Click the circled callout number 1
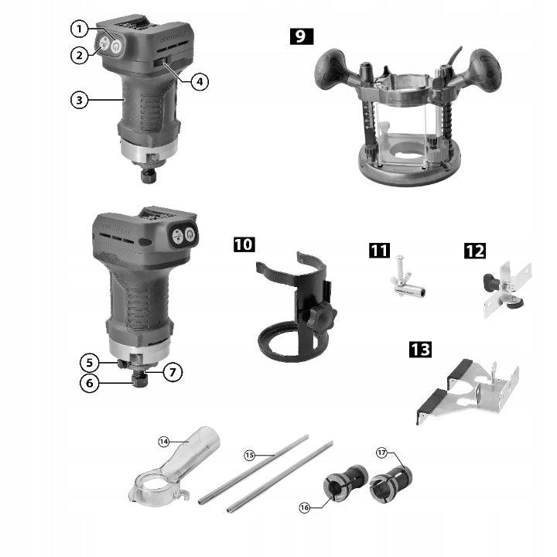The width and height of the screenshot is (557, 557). pyautogui.click(x=79, y=29)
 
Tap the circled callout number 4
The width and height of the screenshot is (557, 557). pyautogui.click(x=200, y=82)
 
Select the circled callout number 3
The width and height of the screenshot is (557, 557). pyautogui.click(x=79, y=100)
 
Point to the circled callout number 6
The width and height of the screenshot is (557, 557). pyautogui.click(x=89, y=383)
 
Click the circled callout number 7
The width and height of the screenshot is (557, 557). pyautogui.click(x=173, y=372)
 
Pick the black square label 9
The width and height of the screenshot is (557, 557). pyautogui.click(x=302, y=36)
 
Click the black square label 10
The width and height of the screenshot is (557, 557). pyautogui.click(x=244, y=244)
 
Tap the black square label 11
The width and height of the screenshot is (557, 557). pyautogui.click(x=379, y=251)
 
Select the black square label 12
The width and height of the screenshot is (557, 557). pyautogui.click(x=475, y=251)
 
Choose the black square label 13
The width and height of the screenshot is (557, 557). pyautogui.click(x=420, y=349)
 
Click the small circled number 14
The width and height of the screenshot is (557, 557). pyautogui.click(x=163, y=442)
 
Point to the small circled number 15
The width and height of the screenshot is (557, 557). pyautogui.click(x=249, y=455)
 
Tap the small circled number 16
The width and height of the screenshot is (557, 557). pyautogui.click(x=305, y=507)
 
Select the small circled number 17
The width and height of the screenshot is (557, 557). pyautogui.click(x=381, y=453)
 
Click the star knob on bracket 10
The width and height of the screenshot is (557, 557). pyautogui.click(x=322, y=316)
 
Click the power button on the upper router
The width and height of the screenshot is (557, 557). pyautogui.click(x=116, y=46)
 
